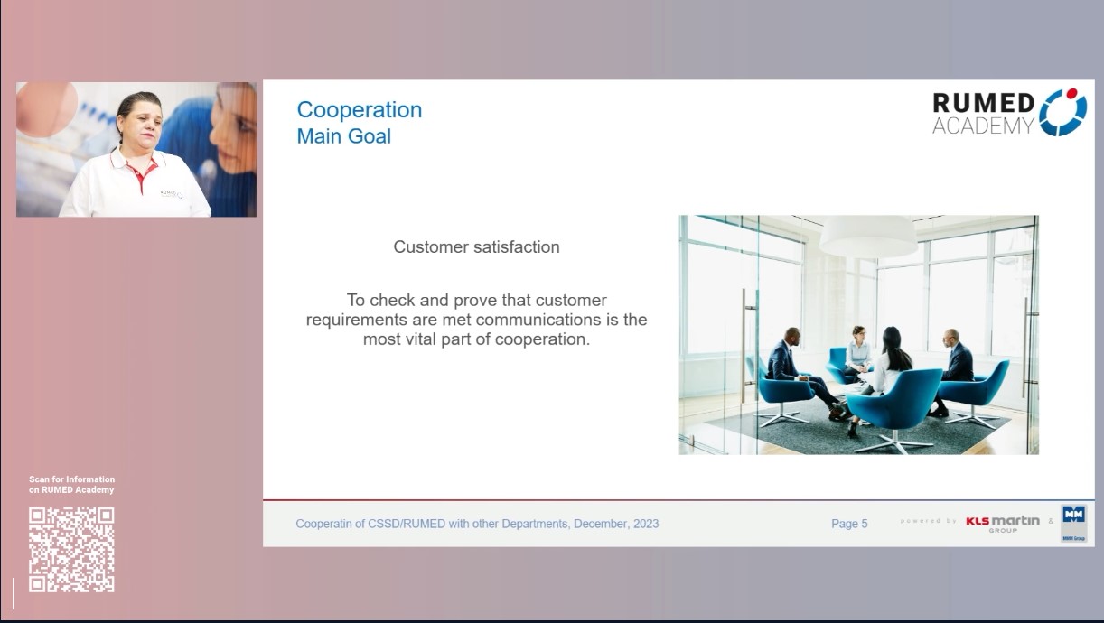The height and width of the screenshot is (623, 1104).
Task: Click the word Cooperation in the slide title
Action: click(360, 110)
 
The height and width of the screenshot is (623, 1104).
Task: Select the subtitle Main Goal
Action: click(343, 136)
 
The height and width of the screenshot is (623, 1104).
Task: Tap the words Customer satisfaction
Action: click(476, 246)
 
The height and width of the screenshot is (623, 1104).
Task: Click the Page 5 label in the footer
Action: click(849, 524)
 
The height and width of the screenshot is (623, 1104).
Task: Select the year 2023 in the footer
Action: click(646, 524)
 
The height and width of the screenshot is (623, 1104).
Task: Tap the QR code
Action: click(71, 550)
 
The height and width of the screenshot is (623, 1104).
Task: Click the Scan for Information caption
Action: click(71, 479)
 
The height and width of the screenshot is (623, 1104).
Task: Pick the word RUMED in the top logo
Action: click(983, 103)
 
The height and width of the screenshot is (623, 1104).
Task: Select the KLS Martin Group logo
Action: click(1003, 524)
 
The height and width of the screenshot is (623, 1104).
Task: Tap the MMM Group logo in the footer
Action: click(1073, 523)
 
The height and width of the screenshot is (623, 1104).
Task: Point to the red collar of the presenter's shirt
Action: click(139, 170)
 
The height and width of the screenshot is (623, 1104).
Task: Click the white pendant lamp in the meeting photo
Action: click(868, 237)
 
